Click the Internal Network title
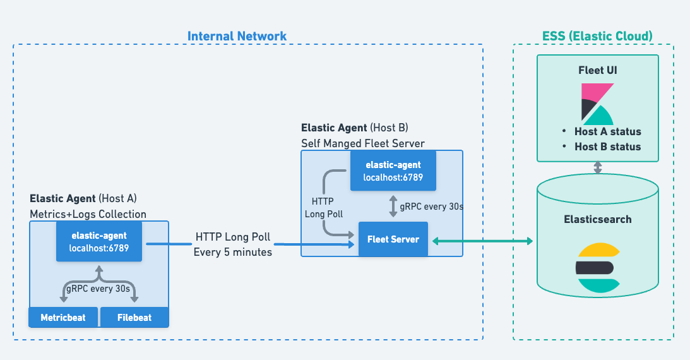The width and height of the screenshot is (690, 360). pyautogui.click(x=237, y=36)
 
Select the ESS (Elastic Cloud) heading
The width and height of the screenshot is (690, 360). pyautogui.click(x=597, y=36)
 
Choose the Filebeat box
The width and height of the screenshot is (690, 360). pyautogui.click(x=134, y=317)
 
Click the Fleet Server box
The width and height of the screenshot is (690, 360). pyautogui.click(x=393, y=239)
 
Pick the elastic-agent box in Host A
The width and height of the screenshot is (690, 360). pyautogui.click(x=99, y=241)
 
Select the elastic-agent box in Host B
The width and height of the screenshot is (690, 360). pyautogui.click(x=393, y=171)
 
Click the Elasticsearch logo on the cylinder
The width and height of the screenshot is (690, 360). pyautogui.click(x=597, y=268)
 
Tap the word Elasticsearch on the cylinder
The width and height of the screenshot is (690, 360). pyautogui.click(x=597, y=220)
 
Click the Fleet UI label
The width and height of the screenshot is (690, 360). pyautogui.click(x=597, y=70)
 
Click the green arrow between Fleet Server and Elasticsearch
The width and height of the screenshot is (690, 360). pyautogui.click(x=480, y=241)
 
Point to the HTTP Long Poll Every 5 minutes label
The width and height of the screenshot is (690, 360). pyautogui.click(x=233, y=244)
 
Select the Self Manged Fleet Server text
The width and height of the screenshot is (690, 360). pyautogui.click(x=362, y=143)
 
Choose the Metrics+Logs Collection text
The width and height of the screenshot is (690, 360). pyautogui.click(x=88, y=214)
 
